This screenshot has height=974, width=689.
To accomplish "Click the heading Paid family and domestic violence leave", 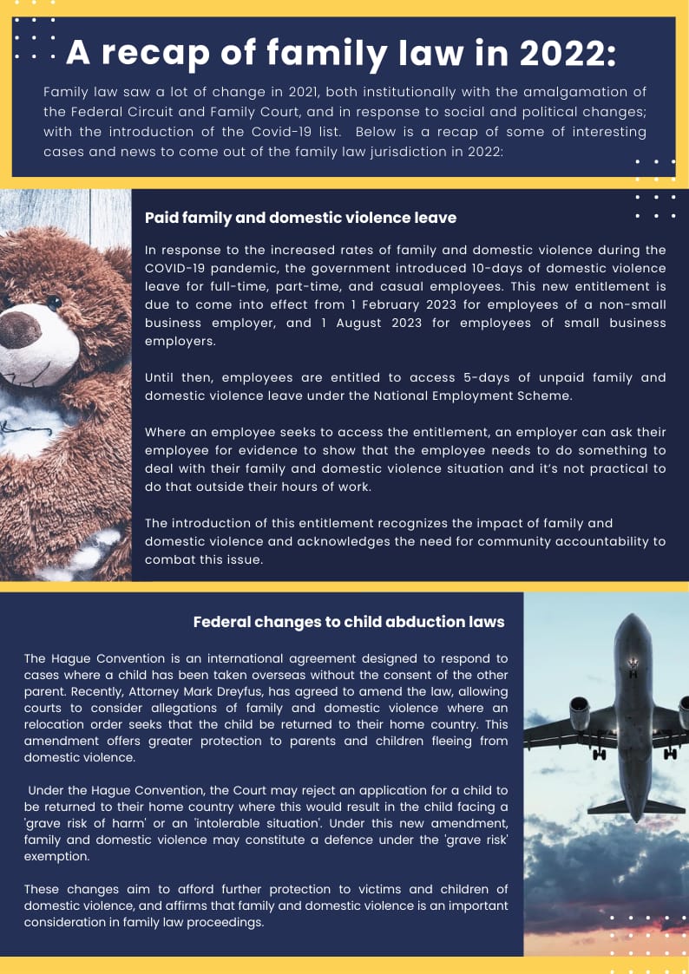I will pos(300,218).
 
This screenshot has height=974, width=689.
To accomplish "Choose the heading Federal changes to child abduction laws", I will pos(349,622).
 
